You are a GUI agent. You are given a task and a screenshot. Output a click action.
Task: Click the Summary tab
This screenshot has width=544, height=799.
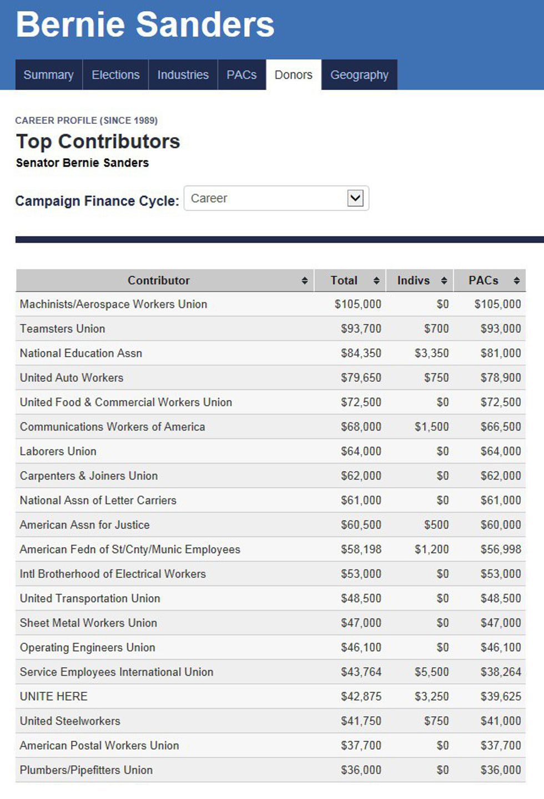(x=48, y=75)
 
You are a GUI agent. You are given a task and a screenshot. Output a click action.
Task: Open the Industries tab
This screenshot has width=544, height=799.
(x=183, y=75)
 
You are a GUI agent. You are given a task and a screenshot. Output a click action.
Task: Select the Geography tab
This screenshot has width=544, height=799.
(x=359, y=75)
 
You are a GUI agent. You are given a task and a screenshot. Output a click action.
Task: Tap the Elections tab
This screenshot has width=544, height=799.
(x=115, y=75)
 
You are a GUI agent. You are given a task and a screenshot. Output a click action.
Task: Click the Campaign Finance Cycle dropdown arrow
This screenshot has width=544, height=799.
(x=355, y=198)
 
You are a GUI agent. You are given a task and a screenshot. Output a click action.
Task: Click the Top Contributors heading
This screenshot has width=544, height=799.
(x=98, y=142)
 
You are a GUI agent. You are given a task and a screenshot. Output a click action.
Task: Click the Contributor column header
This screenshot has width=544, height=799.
(x=159, y=281)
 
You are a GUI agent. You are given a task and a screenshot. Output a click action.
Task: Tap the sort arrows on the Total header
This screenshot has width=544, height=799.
(x=376, y=281)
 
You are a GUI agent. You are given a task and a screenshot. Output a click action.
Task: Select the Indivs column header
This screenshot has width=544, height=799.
(x=414, y=281)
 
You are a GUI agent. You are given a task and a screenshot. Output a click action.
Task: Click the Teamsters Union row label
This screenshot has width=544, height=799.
(x=62, y=329)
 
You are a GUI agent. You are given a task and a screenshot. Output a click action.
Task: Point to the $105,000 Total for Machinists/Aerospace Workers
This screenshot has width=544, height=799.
(x=357, y=304)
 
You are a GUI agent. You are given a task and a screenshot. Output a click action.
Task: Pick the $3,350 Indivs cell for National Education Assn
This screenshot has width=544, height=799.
(x=431, y=353)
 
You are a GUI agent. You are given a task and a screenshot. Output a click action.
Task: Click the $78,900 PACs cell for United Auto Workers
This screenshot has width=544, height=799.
(x=500, y=378)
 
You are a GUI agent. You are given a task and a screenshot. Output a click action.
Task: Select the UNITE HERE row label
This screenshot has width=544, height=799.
(x=53, y=697)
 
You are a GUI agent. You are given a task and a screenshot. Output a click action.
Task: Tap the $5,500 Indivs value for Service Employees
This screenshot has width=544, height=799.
(x=431, y=672)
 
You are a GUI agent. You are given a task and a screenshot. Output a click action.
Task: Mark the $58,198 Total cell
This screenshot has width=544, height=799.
(x=361, y=550)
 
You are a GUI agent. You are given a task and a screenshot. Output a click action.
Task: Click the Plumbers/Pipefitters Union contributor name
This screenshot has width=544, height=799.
(x=86, y=770)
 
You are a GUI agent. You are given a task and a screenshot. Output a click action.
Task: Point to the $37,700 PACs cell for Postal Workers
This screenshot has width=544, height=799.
(x=500, y=746)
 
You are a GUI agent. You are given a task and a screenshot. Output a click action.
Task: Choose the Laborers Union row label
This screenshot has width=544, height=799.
(x=58, y=452)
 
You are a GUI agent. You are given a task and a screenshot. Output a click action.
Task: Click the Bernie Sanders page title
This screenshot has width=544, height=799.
(x=145, y=24)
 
